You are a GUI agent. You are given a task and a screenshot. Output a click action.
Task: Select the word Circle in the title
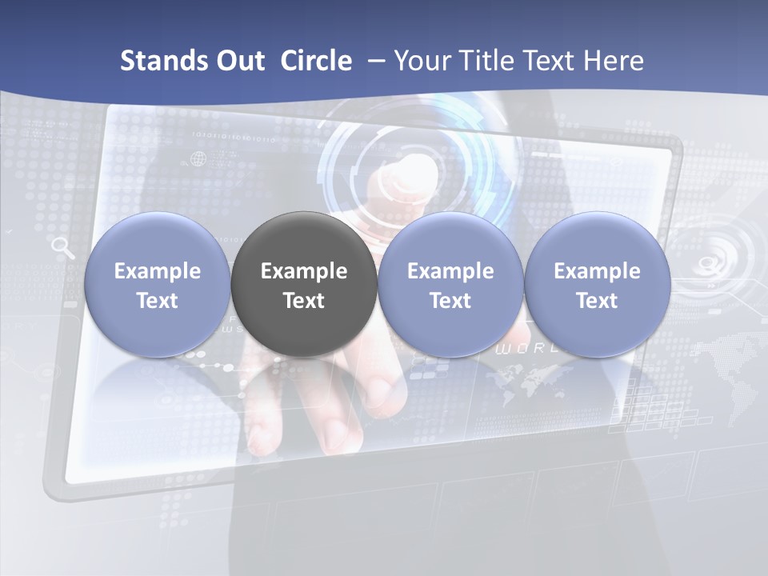coord(316,61)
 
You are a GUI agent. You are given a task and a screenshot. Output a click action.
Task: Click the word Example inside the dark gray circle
coord(304,271)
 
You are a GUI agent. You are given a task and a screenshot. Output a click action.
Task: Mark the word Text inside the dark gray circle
coord(304,301)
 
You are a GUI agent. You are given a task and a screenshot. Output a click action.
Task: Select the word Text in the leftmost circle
coord(158,301)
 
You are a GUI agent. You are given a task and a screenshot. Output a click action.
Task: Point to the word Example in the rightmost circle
coord(597,271)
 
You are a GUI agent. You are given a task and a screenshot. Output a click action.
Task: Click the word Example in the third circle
coord(450,271)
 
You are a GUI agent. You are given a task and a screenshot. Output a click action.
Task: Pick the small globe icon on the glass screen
coord(198,159)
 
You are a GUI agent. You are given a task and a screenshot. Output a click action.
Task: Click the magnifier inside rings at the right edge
coord(708,264)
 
